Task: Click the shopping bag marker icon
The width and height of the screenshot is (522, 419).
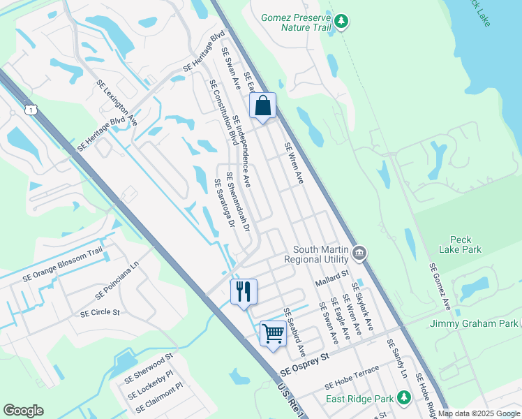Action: coord(262,106)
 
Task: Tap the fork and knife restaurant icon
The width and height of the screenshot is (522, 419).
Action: coord(244,291)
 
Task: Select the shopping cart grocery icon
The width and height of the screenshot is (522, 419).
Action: coord(273,332)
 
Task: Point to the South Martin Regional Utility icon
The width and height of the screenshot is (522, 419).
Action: coord(359,252)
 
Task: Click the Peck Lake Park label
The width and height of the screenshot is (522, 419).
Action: coord(460,244)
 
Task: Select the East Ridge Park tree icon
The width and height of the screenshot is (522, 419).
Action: coord(403,398)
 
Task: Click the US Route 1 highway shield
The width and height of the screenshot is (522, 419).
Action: coord(30,109)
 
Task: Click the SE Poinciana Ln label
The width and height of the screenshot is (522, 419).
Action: coord(111,277)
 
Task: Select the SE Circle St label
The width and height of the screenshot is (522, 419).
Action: coord(100,313)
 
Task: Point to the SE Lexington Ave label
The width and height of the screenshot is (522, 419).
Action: coord(117,103)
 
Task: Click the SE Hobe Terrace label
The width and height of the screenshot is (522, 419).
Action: coord(352,377)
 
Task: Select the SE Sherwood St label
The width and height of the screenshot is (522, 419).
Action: coord(148,369)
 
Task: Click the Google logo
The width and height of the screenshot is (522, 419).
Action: coord(23,411)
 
